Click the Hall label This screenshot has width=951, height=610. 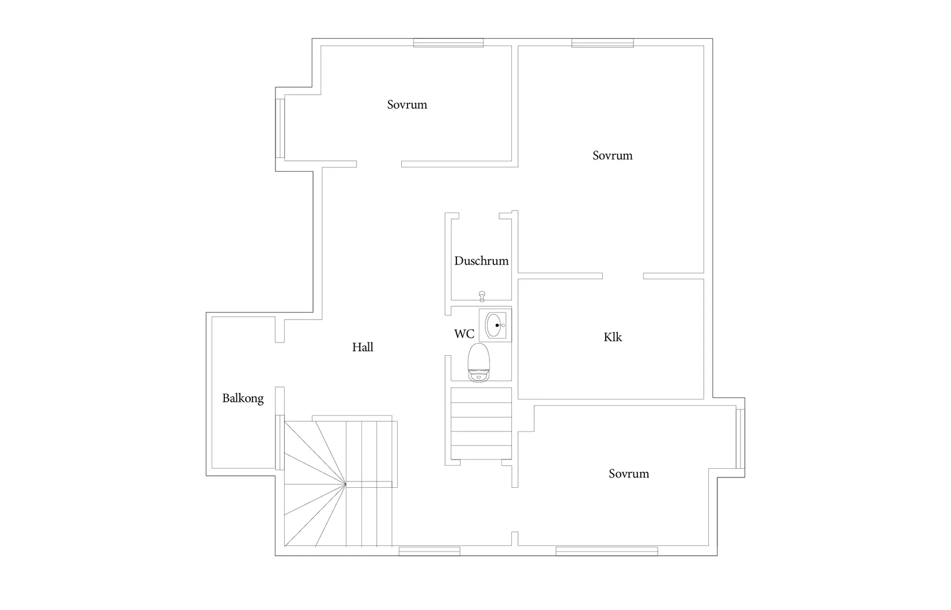coord(363,347)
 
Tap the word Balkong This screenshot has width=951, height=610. coord(243,398)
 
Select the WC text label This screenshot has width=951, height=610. coord(464,334)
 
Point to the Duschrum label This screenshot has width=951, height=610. coord(481,261)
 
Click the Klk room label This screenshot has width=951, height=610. coord(613,337)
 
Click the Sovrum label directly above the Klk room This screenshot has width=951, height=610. coord(612,156)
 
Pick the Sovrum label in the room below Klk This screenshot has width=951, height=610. coord(629,473)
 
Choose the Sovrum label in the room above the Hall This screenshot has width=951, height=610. coord(407,104)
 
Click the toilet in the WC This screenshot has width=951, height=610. coord(479,362)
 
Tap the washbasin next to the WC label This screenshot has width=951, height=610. coord(495,325)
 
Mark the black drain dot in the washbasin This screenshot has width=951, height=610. coord(497,325)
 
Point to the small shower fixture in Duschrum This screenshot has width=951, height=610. coord(482,296)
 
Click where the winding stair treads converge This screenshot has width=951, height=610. coord(346,484)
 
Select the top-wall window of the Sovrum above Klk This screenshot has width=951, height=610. coord(602,43)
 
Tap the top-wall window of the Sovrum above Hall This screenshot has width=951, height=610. coord(448,43)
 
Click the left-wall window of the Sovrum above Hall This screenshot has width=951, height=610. coord(280,129)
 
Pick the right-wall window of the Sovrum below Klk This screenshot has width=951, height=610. coord(741,439)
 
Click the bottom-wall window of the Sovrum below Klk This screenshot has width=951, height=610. coord(607,551)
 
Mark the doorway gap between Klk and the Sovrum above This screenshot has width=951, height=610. coord(623,276)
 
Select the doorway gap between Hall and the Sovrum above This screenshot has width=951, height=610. coord(379,164)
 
